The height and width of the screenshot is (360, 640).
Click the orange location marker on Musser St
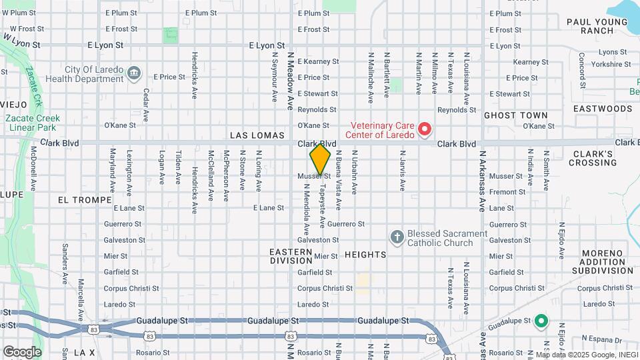point(320,159)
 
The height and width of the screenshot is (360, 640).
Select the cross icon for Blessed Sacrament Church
point(397,237)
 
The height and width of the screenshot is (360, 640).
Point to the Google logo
point(22,351)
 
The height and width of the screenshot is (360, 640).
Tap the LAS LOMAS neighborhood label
point(257,135)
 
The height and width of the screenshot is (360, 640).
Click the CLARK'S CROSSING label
point(593,158)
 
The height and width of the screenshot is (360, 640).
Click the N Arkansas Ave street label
point(481,180)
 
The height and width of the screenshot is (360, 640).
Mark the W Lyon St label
point(22,40)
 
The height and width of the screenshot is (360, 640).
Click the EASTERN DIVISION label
point(291,256)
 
